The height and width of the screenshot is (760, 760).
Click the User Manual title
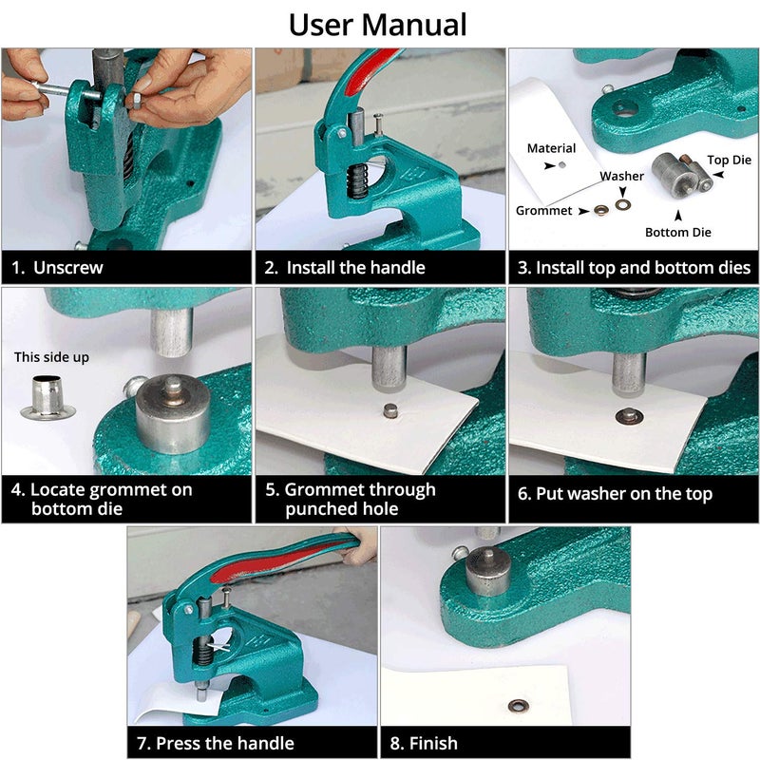click(x=378, y=24)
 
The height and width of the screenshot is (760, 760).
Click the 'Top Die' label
click(x=729, y=161)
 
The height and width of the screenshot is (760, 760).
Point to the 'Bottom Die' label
click(x=677, y=232)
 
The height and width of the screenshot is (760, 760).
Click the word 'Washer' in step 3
click(x=621, y=176)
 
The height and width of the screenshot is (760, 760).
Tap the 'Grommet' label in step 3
click(x=544, y=210)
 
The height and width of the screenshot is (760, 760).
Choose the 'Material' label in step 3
click(x=551, y=148)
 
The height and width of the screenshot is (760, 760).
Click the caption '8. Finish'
click(x=424, y=743)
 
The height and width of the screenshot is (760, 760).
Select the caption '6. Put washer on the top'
click(x=615, y=494)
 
